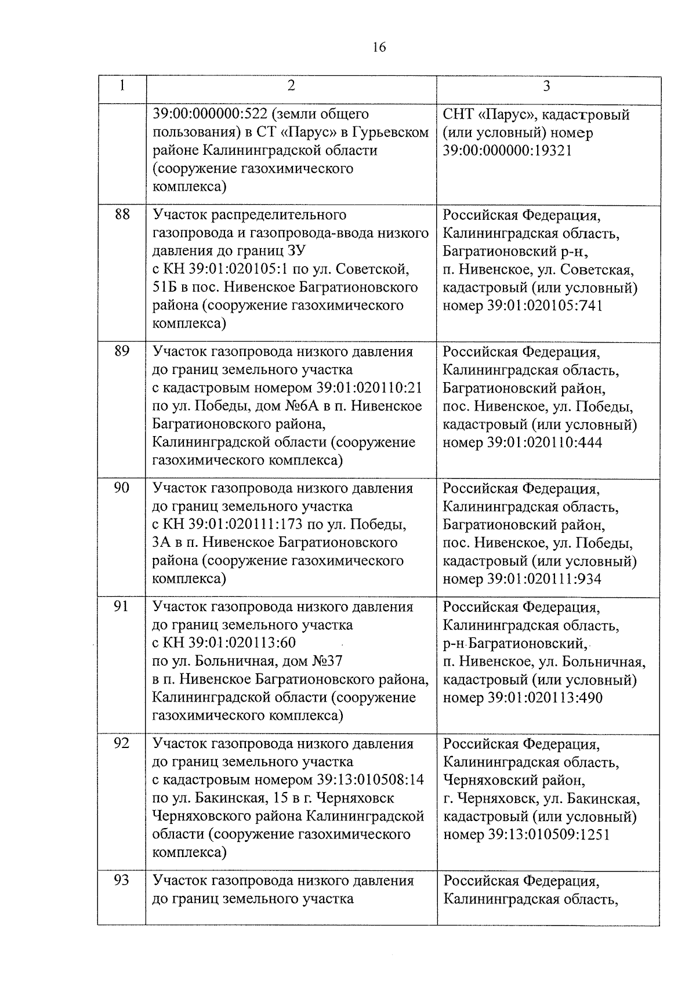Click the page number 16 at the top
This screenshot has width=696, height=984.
(379, 48)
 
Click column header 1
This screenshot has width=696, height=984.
(122, 86)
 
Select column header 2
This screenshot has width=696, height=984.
(291, 86)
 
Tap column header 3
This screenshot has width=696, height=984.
(546, 86)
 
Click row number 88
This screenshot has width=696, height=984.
(122, 215)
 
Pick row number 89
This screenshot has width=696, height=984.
(122, 351)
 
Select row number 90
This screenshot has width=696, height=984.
(122, 488)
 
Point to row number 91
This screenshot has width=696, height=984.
(121, 607)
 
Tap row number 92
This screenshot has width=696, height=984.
(121, 743)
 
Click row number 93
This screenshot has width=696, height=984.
(121, 880)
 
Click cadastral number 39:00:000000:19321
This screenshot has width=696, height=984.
(507, 151)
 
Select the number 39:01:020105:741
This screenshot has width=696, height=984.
(545, 306)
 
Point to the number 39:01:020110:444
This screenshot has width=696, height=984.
(545, 443)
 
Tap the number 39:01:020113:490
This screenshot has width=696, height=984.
(545, 698)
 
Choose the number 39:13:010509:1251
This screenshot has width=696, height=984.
(549, 834)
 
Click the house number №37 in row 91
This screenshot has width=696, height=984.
(328, 661)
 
